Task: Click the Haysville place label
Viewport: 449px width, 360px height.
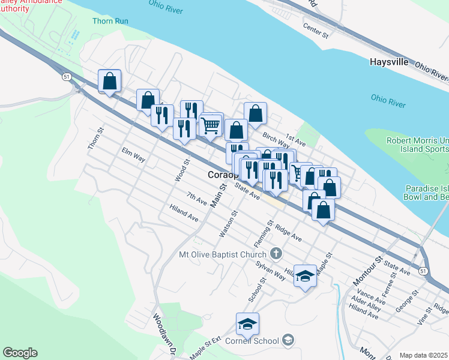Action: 389,62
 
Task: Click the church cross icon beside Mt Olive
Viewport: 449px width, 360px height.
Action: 276,253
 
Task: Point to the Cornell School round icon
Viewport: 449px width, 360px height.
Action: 289,341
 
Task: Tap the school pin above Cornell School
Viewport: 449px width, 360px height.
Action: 247,324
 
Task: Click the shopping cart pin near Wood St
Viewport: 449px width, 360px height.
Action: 211,125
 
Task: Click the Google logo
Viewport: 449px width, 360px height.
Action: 19,353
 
